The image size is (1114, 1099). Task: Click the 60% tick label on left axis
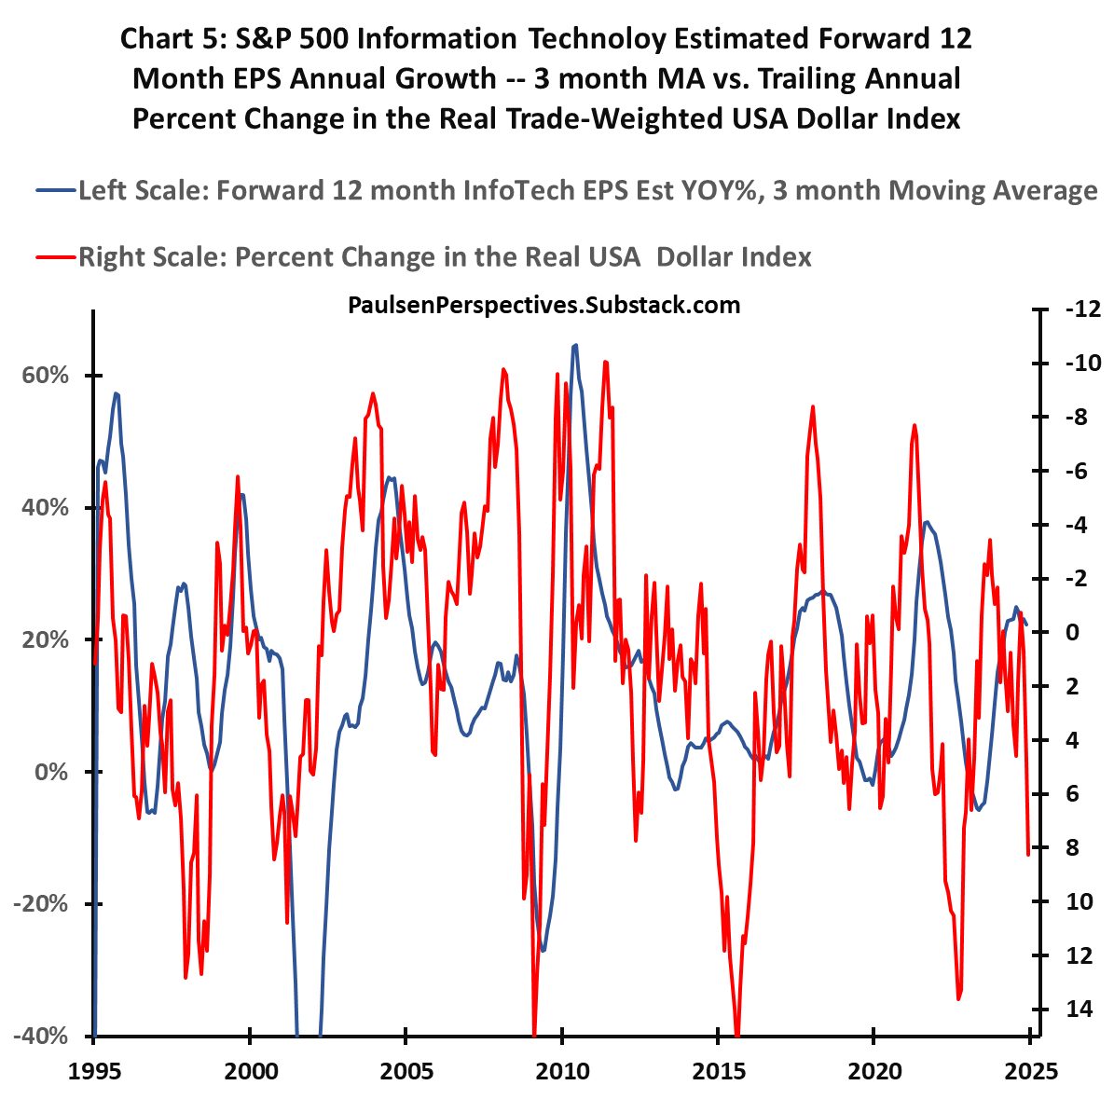42,376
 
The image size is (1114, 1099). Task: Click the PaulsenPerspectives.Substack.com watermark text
543,305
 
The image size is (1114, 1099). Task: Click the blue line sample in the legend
55,191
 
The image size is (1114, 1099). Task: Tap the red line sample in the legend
55,257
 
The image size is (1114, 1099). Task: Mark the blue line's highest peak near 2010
575,345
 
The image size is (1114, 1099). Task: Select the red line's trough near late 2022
957,998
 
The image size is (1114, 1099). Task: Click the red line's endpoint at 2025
1028,853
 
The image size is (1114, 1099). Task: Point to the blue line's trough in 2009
543,950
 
